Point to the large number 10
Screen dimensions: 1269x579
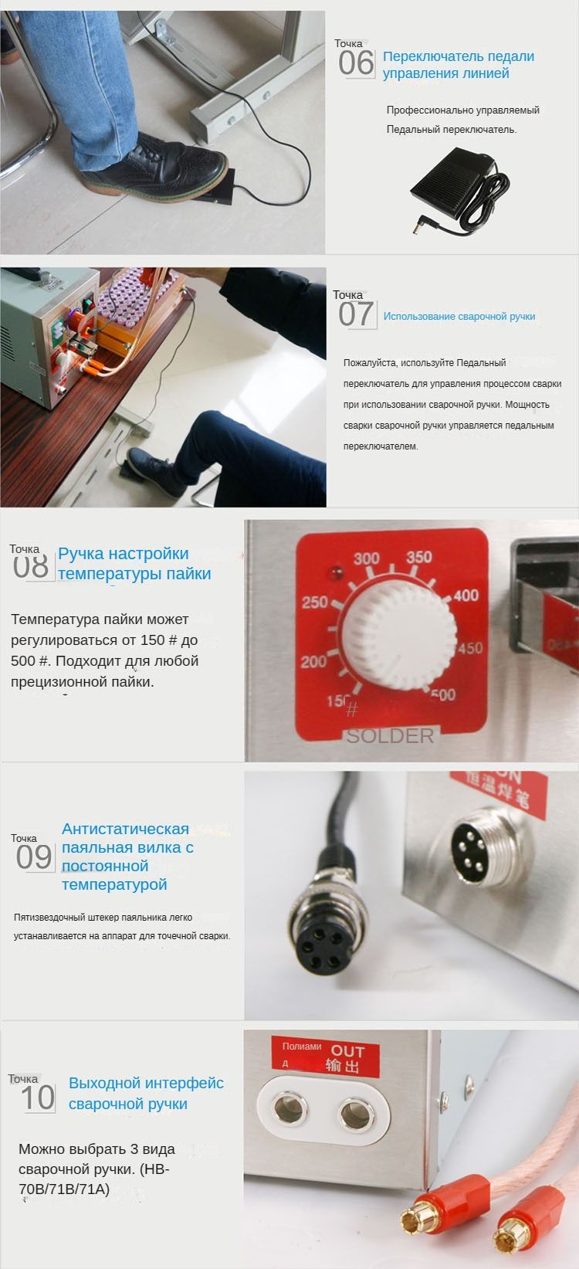click(x=37, y=1098)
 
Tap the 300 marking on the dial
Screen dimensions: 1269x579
click(x=367, y=558)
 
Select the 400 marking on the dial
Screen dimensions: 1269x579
click(x=466, y=595)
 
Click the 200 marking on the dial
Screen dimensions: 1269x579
click(x=313, y=662)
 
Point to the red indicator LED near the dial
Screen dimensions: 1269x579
click(x=334, y=573)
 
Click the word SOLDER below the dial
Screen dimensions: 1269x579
click(x=390, y=736)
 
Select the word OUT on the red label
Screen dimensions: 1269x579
click(x=347, y=1050)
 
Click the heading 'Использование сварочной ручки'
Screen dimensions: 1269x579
click(x=459, y=317)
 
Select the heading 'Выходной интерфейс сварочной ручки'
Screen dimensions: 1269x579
click(x=146, y=1093)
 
